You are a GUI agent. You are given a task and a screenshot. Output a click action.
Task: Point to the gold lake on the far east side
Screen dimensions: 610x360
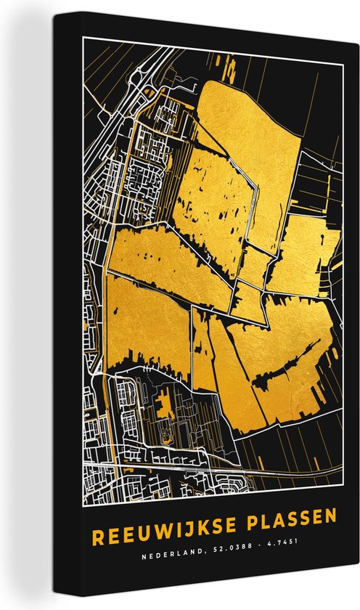click(308, 254)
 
